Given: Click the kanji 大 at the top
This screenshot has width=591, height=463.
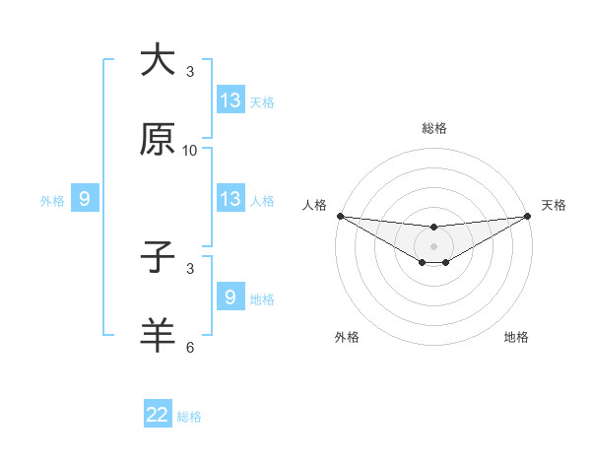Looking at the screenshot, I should pos(158,60).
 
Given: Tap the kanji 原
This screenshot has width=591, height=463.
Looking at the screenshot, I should pos(158,140).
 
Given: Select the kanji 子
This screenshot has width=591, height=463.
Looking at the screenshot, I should pos(158,259).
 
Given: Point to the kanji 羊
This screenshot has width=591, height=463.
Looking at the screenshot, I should pos(158,336).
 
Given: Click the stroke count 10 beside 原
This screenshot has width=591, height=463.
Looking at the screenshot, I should pos(190,151).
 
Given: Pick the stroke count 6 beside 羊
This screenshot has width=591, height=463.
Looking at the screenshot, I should pos(190,347).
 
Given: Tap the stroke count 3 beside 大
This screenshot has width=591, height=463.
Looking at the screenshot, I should pos(190,72).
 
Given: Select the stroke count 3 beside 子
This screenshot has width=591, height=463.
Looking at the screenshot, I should pos(190,268).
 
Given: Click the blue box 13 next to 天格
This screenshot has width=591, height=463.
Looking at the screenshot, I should pos(230,100).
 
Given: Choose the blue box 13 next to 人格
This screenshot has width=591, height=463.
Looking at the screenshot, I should pos(230,199).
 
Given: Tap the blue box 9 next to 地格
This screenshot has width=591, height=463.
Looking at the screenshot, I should pos(230,298).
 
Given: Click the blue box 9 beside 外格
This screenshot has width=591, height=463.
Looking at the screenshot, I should pos(85,199).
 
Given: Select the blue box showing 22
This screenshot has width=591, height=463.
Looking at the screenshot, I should pos(158,415).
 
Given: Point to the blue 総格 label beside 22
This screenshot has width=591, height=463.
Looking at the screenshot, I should pos(189,417).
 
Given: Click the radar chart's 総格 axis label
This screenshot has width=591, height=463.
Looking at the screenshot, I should pos(434,128).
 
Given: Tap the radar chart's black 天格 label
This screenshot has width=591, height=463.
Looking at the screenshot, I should pos(555,205).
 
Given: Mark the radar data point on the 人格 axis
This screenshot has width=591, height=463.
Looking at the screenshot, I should pos(340,216).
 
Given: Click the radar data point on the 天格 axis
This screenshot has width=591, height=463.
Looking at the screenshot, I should pos(528,216).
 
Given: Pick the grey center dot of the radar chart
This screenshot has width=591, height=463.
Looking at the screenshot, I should pos(434,246).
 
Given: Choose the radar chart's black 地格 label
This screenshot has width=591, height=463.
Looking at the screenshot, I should pos(516,337).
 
